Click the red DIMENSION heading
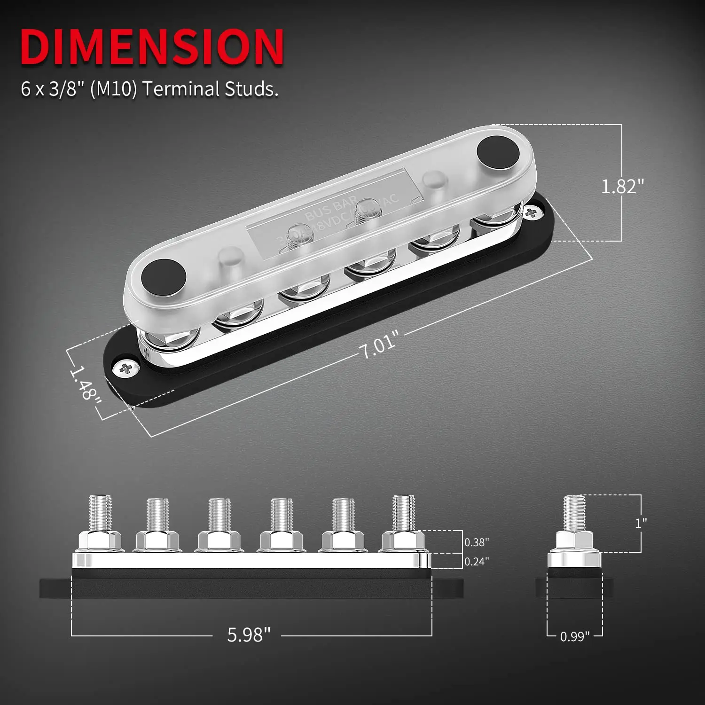[x=151, y=47]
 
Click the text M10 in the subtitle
[x=113, y=89]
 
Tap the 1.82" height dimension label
[x=622, y=187]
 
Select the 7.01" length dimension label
[x=379, y=344]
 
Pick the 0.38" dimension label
[x=476, y=542]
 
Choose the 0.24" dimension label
[x=476, y=562]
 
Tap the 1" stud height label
[x=641, y=523]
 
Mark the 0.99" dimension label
[x=574, y=637]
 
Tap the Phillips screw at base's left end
[x=125, y=369]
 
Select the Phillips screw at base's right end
[x=532, y=213]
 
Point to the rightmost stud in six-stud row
[x=404, y=513]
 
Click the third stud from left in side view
[x=220, y=515]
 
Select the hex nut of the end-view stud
[x=574, y=541]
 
